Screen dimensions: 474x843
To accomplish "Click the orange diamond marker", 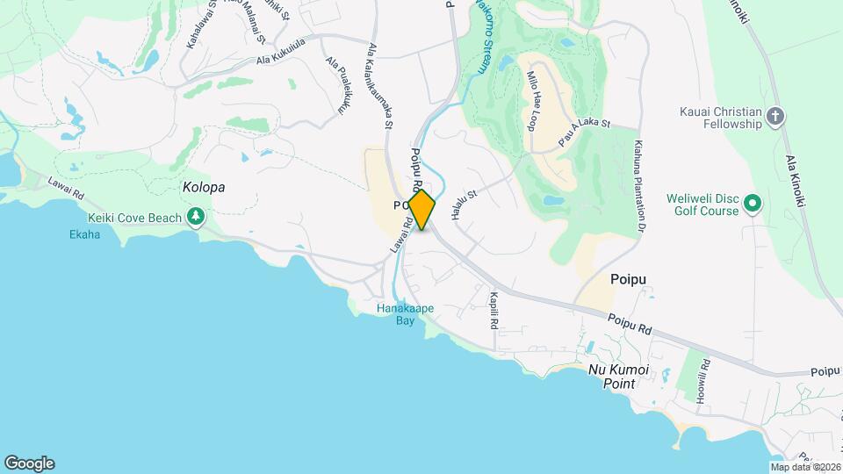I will [421, 210].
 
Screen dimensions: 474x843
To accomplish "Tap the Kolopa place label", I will [204, 188].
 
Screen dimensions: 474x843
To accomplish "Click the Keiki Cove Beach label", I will [134, 218].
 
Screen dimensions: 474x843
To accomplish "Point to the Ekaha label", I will [85, 234].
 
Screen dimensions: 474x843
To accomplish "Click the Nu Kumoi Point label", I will [624, 378].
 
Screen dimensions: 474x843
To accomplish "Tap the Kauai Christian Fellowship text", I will [720, 118].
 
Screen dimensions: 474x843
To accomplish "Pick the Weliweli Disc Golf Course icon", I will [753, 205].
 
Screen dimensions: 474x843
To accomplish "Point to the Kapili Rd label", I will [494, 310].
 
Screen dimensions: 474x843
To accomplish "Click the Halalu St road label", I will [463, 206].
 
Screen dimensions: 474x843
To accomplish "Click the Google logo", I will [29, 463].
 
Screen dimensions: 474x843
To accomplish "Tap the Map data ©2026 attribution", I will [806, 467].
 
